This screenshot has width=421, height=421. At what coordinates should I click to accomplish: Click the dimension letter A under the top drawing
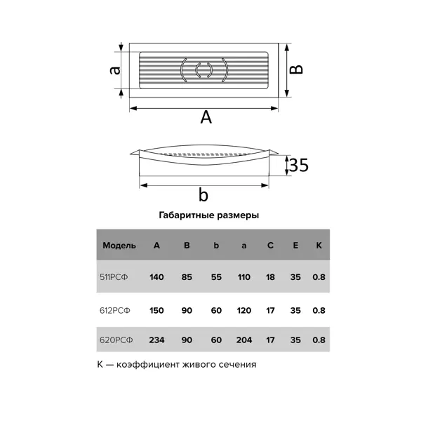[x=206, y=117]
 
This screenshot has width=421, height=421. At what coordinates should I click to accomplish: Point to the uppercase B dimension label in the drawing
[x=296, y=69]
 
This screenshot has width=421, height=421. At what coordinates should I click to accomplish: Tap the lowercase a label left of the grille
[x=115, y=70]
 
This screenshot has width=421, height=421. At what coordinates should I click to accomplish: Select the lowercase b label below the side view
[x=203, y=194]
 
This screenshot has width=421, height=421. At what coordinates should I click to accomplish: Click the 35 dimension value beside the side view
[x=299, y=165]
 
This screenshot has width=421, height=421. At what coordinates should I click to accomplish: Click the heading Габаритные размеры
[x=209, y=215]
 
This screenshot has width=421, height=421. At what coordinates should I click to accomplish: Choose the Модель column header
[x=119, y=246]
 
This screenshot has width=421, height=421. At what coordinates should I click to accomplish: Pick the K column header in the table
[x=319, y=245]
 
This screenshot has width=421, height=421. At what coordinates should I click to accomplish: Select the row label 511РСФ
[x=114, y=277]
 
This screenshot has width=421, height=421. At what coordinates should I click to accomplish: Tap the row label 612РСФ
[x=114, y=310]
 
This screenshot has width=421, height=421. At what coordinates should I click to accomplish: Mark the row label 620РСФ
[x=116, y=340]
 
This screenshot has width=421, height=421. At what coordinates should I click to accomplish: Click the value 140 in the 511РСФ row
[x=156, y=277]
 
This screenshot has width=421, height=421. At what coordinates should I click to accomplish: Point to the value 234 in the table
[x=156, y=340]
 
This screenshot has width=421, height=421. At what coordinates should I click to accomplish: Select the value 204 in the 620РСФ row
[x=244, y=340]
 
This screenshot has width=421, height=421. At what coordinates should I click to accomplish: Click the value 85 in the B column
[x=187, y=277]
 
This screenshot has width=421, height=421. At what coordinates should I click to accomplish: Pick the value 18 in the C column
[x=270, y=277]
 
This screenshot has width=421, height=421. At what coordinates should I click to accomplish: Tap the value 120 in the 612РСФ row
[x=243, y=310]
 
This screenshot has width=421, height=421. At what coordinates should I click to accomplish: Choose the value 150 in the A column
[x=156, y=310]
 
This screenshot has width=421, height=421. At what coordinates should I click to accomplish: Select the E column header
[x=295, y=245]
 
